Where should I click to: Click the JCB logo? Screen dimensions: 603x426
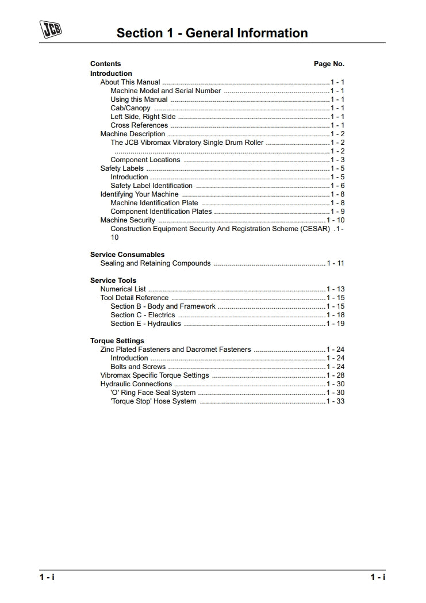point(50,29)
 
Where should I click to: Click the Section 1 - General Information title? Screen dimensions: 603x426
point(212,33)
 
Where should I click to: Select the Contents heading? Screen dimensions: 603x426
point(106,64)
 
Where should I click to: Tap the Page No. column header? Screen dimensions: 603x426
point(329,64)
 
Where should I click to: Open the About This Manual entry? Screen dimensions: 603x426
point(131,82)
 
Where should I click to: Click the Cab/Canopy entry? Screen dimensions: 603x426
point(131,108)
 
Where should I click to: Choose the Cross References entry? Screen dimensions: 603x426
point(139,125)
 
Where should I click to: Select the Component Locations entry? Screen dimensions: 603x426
point(145,160)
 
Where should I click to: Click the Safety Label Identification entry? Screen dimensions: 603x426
point(152,186)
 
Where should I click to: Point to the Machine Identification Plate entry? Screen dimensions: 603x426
point(154,203)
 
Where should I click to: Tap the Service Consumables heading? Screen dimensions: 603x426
point(127,255)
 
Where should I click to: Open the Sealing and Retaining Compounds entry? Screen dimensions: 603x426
point(156,263)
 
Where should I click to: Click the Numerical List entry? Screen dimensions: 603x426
point(123,289)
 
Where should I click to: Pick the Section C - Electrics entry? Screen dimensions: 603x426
point(143,315)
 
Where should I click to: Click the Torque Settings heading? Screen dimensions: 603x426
point(117,341)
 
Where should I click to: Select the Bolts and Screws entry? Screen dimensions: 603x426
point(138,367)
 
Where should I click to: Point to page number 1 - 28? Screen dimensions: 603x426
point(336,375)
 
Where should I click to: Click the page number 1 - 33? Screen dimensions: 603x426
point(336,401)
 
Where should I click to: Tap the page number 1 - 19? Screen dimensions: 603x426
point(336,324)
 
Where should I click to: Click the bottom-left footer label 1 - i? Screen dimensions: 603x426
point(47,577)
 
